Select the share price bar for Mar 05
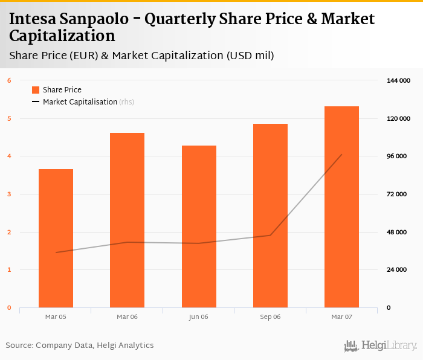point(56,239)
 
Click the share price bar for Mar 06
point(127,220)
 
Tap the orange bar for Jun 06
point(199,227)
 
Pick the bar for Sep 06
point(270,216)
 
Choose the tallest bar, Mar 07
point(341,207)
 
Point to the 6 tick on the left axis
point(9,80)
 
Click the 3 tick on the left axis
point(9,194)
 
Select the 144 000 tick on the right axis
point(398,80)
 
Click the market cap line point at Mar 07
point(341,155)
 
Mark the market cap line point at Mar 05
point(56,252)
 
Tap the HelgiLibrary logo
point(380,346)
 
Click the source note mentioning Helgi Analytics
point(80,346)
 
